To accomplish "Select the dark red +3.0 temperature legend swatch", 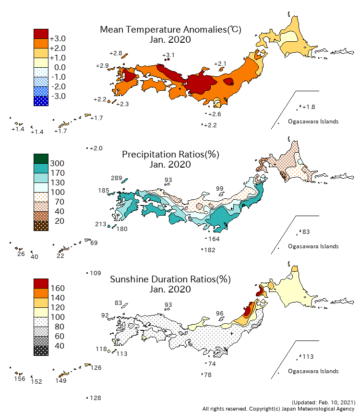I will (x=41, y=34).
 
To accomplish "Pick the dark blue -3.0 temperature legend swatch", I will (x=41, y=101).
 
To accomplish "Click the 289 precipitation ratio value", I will (x=117, y=178).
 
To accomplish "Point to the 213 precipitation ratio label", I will (x=100, y=224).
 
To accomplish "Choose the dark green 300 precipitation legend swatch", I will (x=41, y=158).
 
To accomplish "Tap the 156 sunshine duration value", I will (x=19, y=379).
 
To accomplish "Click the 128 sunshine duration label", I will (x=96, y=398).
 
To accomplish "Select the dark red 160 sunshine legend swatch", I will (x=41, y=283).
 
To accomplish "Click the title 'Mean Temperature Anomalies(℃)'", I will (x=170, y=30).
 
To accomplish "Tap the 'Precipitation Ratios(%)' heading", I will (x=170, y=155).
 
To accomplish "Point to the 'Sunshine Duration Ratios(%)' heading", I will (x=170, y=279).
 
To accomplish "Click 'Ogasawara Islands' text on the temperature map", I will (x=313, y=121).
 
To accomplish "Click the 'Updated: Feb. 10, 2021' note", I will (x=324, y=402).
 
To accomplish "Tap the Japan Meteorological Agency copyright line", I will (x=279, y=409).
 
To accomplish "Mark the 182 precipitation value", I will (x=210, y=250).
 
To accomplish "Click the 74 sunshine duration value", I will (x=212, y=364).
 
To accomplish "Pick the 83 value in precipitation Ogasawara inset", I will (x=306, y=232).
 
